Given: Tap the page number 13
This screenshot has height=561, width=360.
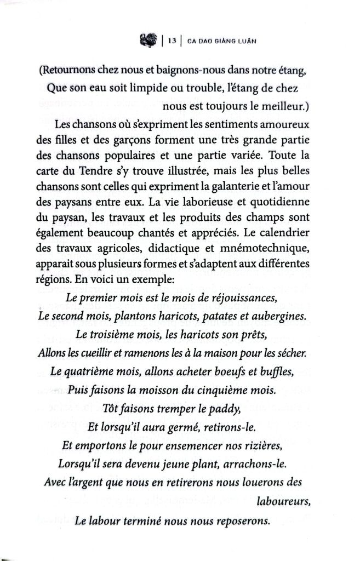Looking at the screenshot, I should tap(172, 40).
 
